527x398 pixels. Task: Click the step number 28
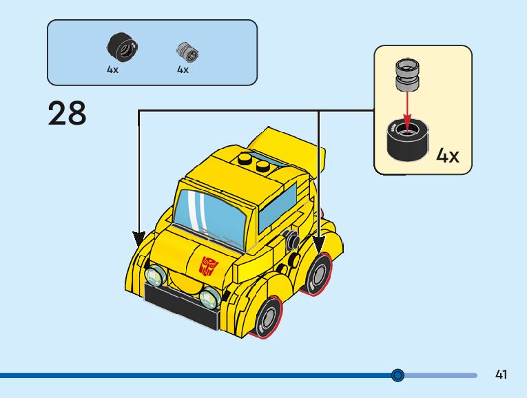(68, 114)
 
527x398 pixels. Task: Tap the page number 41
(501, 375)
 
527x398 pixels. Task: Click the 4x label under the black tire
(112, 70)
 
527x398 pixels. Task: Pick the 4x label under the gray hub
(183, 70)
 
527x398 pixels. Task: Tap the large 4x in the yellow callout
(447, 156)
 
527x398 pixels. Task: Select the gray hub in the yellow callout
(406, 75)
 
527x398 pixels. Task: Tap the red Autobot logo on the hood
(208, 265)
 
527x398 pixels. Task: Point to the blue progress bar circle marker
(397, 375)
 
